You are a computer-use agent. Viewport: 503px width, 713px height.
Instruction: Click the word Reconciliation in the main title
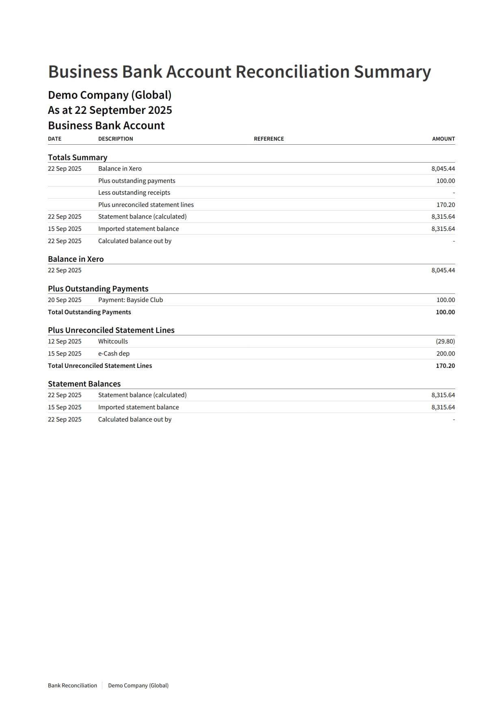[292, 72]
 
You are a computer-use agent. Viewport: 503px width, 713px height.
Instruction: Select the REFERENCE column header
[269, 139]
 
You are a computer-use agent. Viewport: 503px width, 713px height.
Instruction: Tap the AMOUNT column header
[443, 139]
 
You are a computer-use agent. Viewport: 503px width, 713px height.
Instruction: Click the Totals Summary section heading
[78, 157]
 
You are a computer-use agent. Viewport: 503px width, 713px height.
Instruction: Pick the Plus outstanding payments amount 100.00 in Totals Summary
[445, 181]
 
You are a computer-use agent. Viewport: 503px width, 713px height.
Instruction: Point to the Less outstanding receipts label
[134, 193]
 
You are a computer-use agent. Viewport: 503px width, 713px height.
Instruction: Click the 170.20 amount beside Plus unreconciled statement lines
[445, 205]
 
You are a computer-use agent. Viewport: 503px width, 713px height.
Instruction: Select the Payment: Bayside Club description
[130, 300]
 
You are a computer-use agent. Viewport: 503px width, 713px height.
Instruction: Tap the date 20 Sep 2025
[65, 300]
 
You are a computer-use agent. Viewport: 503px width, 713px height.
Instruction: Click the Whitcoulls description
[113, 341]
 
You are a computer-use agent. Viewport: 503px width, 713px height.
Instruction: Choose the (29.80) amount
[445, 341]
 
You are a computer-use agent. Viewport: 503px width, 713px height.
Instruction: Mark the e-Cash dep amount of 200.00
[445, 354]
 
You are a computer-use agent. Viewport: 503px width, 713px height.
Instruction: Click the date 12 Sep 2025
[65, 341]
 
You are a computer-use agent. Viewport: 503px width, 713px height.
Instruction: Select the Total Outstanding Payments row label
[89, 312]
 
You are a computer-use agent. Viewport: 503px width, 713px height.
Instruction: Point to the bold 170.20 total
[445, 366]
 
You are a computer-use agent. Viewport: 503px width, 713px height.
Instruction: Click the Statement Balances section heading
[84, 384]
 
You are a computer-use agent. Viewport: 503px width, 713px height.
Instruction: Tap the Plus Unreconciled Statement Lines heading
[111, 330]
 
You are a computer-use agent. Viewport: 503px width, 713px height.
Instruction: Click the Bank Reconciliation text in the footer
[72, 685]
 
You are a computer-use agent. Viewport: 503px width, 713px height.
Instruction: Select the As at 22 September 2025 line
[110, 110]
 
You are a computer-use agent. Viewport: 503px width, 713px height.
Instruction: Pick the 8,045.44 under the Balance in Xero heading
[443, 270]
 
